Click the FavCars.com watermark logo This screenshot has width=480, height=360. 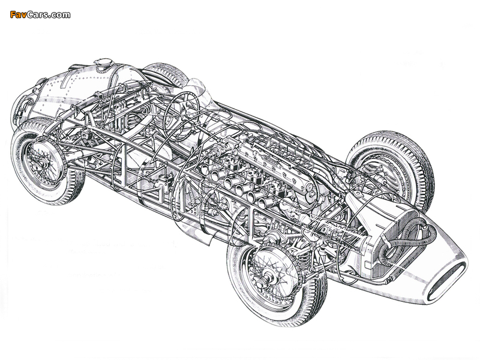coord(40,14)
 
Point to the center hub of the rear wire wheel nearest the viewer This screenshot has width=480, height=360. coord(39,164)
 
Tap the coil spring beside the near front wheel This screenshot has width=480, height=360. coord(304,260)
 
